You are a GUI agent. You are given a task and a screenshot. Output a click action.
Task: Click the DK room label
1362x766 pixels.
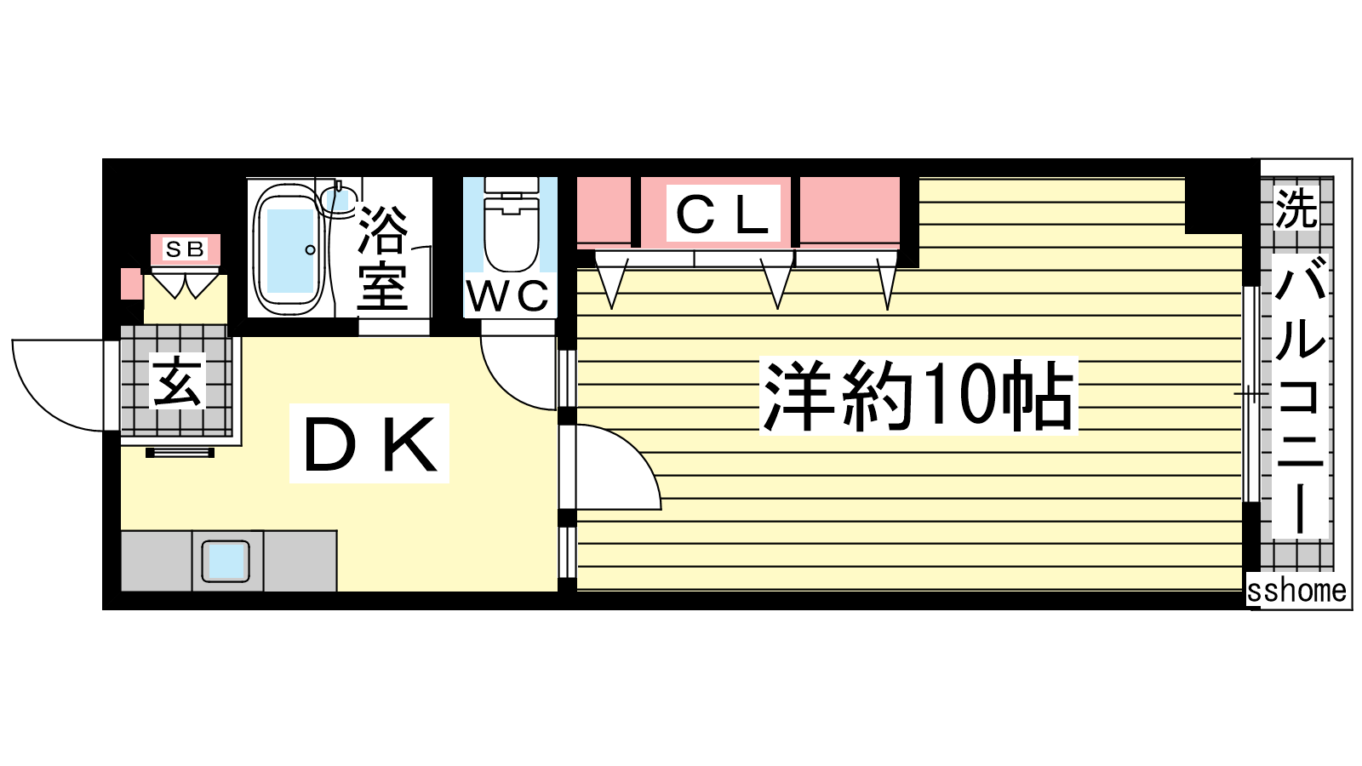[369, 444]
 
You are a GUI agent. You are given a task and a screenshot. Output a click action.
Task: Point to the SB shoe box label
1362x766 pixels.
[185, 249]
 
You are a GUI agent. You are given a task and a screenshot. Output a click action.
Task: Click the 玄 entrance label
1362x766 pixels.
[178, 381]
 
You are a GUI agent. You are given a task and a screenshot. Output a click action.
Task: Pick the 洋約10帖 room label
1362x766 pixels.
[918, 396]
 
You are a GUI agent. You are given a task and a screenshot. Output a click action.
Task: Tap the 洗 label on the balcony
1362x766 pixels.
[1296, 209]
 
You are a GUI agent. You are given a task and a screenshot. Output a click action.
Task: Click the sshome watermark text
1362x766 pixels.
[1296, 591]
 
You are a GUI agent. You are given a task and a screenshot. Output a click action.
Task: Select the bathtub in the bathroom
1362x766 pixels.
[289, 249]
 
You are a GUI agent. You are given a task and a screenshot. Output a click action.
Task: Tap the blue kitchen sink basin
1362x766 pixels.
[226, 561]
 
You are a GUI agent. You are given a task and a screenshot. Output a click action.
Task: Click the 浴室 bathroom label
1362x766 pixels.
[383, 260]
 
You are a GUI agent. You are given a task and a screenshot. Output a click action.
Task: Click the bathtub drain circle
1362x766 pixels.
[311, 250]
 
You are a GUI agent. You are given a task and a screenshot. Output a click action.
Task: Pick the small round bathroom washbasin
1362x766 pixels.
[336, 199]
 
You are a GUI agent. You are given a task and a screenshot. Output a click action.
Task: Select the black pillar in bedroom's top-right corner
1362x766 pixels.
[1214, 204]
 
